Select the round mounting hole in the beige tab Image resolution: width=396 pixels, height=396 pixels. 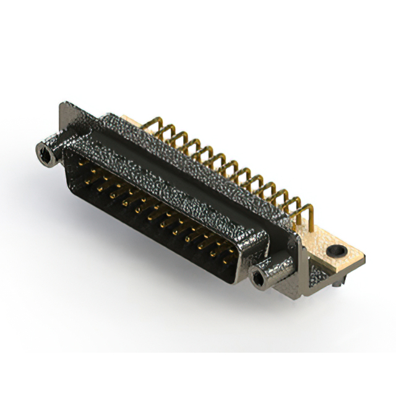(337, 251)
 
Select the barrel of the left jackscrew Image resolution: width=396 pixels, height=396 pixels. (54, 148)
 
